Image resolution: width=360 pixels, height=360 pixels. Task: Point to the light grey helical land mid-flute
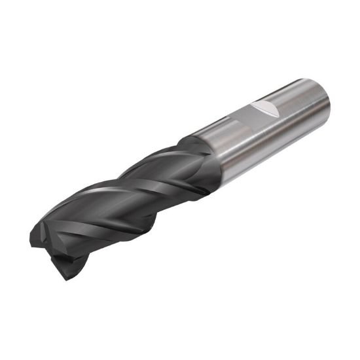[131, 190]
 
